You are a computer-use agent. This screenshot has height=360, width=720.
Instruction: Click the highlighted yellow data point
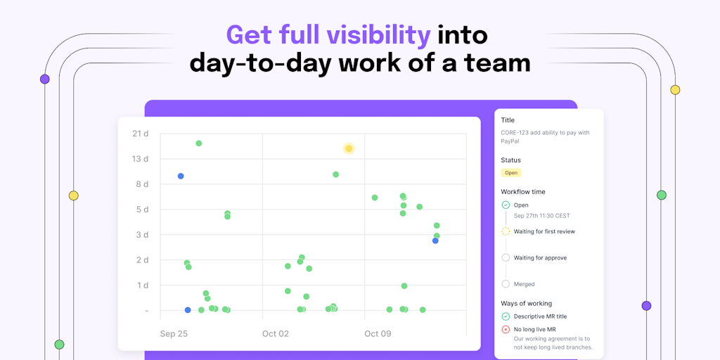pyautogui.click(x=349, y=148)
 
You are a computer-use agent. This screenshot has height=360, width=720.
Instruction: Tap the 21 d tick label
pyautogui.click(x=140, y=134)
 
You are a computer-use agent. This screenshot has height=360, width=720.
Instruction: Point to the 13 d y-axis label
pyautogui.click(x=140, y=159)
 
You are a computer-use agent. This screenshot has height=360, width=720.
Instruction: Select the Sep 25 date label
pyautogui.click(x=174, y=334)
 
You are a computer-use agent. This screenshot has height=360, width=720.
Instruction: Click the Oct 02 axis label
pyautogui.click(x=276, y=334)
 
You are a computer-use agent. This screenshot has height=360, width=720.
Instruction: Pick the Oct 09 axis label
pyautogui.click(x=378, y=334)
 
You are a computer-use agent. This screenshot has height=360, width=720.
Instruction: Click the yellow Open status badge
pyautogui.click(x=511, y=173)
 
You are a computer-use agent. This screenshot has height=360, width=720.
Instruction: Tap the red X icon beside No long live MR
pyautogui.click(x=506, y=329)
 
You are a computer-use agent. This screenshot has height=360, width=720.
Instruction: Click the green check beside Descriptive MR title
pyautogui.click(x=506, y=316)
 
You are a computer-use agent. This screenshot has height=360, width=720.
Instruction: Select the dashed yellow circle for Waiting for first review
pyautogui.click(x=506, y=231)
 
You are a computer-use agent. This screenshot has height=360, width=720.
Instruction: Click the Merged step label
pyautogui.click(x=525, y=284)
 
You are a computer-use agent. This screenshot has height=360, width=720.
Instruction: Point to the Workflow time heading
pyautogui.click(x=523, y=192)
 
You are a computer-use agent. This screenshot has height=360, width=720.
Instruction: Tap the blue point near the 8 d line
pyautogui.click(x=181, y=176)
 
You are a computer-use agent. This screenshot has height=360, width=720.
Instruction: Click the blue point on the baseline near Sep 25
pyautogui.click(x=187, y=310)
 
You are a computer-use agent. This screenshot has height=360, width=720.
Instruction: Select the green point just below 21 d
pyautogui.click(x=199, y=143)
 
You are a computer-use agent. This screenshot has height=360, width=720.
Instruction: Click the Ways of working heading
pyautogui.click(x=526, y=304)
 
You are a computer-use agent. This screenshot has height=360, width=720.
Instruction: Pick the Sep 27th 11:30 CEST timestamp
pyautogui.click(x=542, y=215)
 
